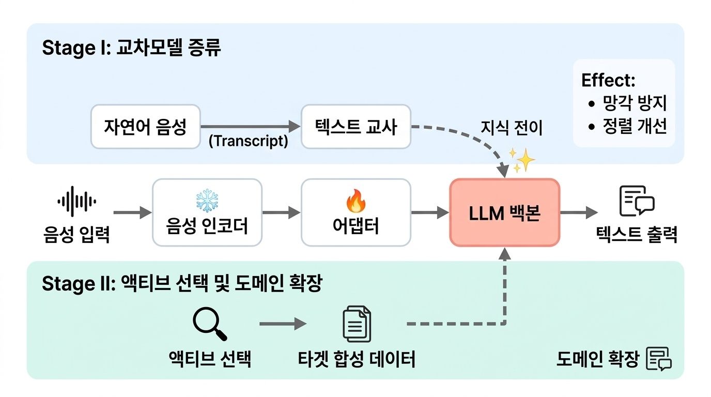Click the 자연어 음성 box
pos(145,127)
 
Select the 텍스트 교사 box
pos(355,127)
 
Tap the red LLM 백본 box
pos(504,212)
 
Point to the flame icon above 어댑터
pos(355,201)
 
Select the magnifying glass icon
pos(209,324)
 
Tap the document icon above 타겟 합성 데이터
pos(357,324)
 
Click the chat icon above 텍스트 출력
pos(636,201)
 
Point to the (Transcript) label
pos(248,141)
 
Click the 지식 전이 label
pos(512,127)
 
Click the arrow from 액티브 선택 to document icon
pos(283,324)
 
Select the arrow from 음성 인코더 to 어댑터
pos(281,212)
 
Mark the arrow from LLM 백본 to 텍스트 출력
pos(579,212)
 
